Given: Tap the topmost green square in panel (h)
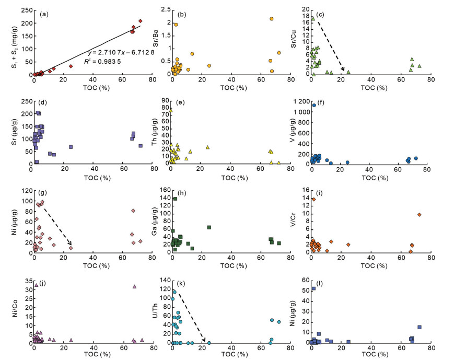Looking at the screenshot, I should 175,199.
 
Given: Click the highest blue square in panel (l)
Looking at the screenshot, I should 313,288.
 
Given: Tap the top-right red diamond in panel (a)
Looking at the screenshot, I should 141,21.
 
